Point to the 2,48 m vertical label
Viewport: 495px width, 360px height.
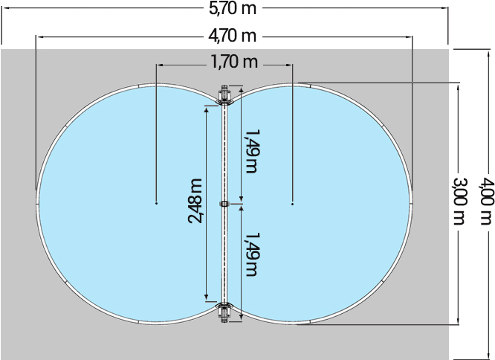tap(195, 201)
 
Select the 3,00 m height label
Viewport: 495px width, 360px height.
tap(459, 202)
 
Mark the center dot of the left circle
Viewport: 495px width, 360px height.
tap(156, 202)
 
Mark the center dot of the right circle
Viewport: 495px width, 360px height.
tap(293, 202)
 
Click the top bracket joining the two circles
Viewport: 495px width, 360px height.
tap(224, 96)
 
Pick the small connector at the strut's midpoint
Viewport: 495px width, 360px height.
tap(224, 202)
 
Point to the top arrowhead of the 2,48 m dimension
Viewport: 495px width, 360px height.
tap(207, 108)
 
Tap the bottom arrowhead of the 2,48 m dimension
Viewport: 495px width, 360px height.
tap(207, 298)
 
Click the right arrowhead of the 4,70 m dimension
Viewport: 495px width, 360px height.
tap(409, 36)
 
